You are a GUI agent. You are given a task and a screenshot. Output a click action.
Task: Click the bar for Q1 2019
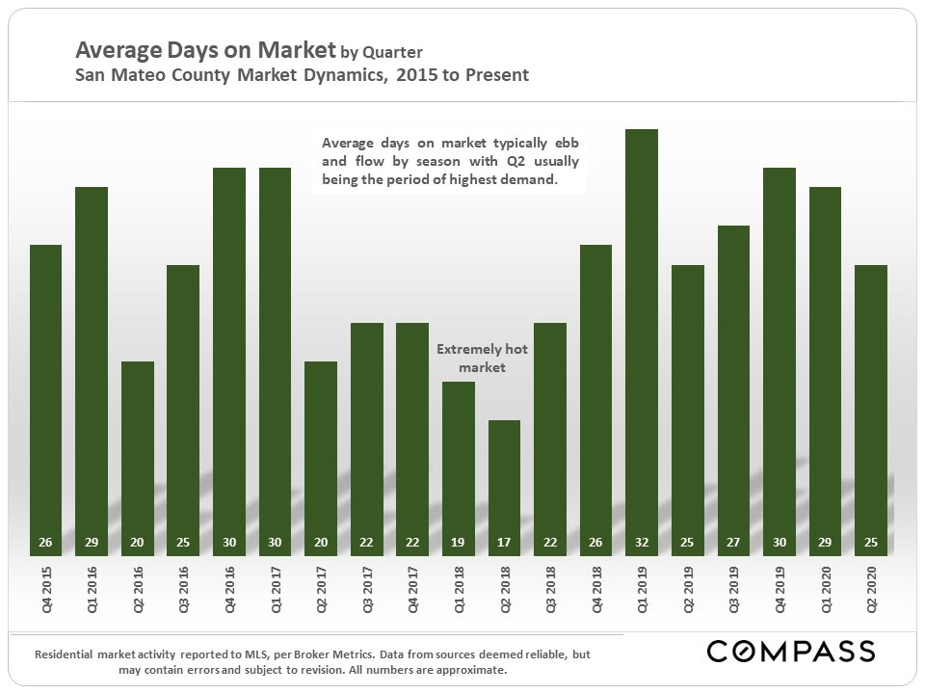pyautogui.click(x=642, y=337)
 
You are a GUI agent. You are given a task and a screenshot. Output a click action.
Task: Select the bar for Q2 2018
pyautogui.click(x=504, y=482)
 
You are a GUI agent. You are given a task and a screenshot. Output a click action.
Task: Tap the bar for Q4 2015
pyautogui.click(x=46, y=395)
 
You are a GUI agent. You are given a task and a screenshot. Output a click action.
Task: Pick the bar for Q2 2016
pyautogui.click(x=138, y=453)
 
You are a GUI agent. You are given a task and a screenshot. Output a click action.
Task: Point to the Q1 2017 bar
pyautogui.click(x=276, y=357)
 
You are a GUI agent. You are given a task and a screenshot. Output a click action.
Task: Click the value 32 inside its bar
pyautogui.click(x=642, y=543)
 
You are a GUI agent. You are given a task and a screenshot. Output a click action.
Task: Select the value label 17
pyautogui.click(x=504, y=543)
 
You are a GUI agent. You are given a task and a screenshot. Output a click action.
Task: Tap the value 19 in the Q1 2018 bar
pyautogui.click(x=459, y=543)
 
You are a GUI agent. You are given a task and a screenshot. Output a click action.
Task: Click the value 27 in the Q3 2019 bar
pyautogui.click(x=733, y=543)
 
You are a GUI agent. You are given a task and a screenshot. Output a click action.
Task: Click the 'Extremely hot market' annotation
pyautogui.click(x=482, y=359)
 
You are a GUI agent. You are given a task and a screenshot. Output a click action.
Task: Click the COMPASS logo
pyautogui.click(x=791, y=652)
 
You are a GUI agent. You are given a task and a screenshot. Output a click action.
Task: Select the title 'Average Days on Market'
pyautogui.click(x=205, y=50)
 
